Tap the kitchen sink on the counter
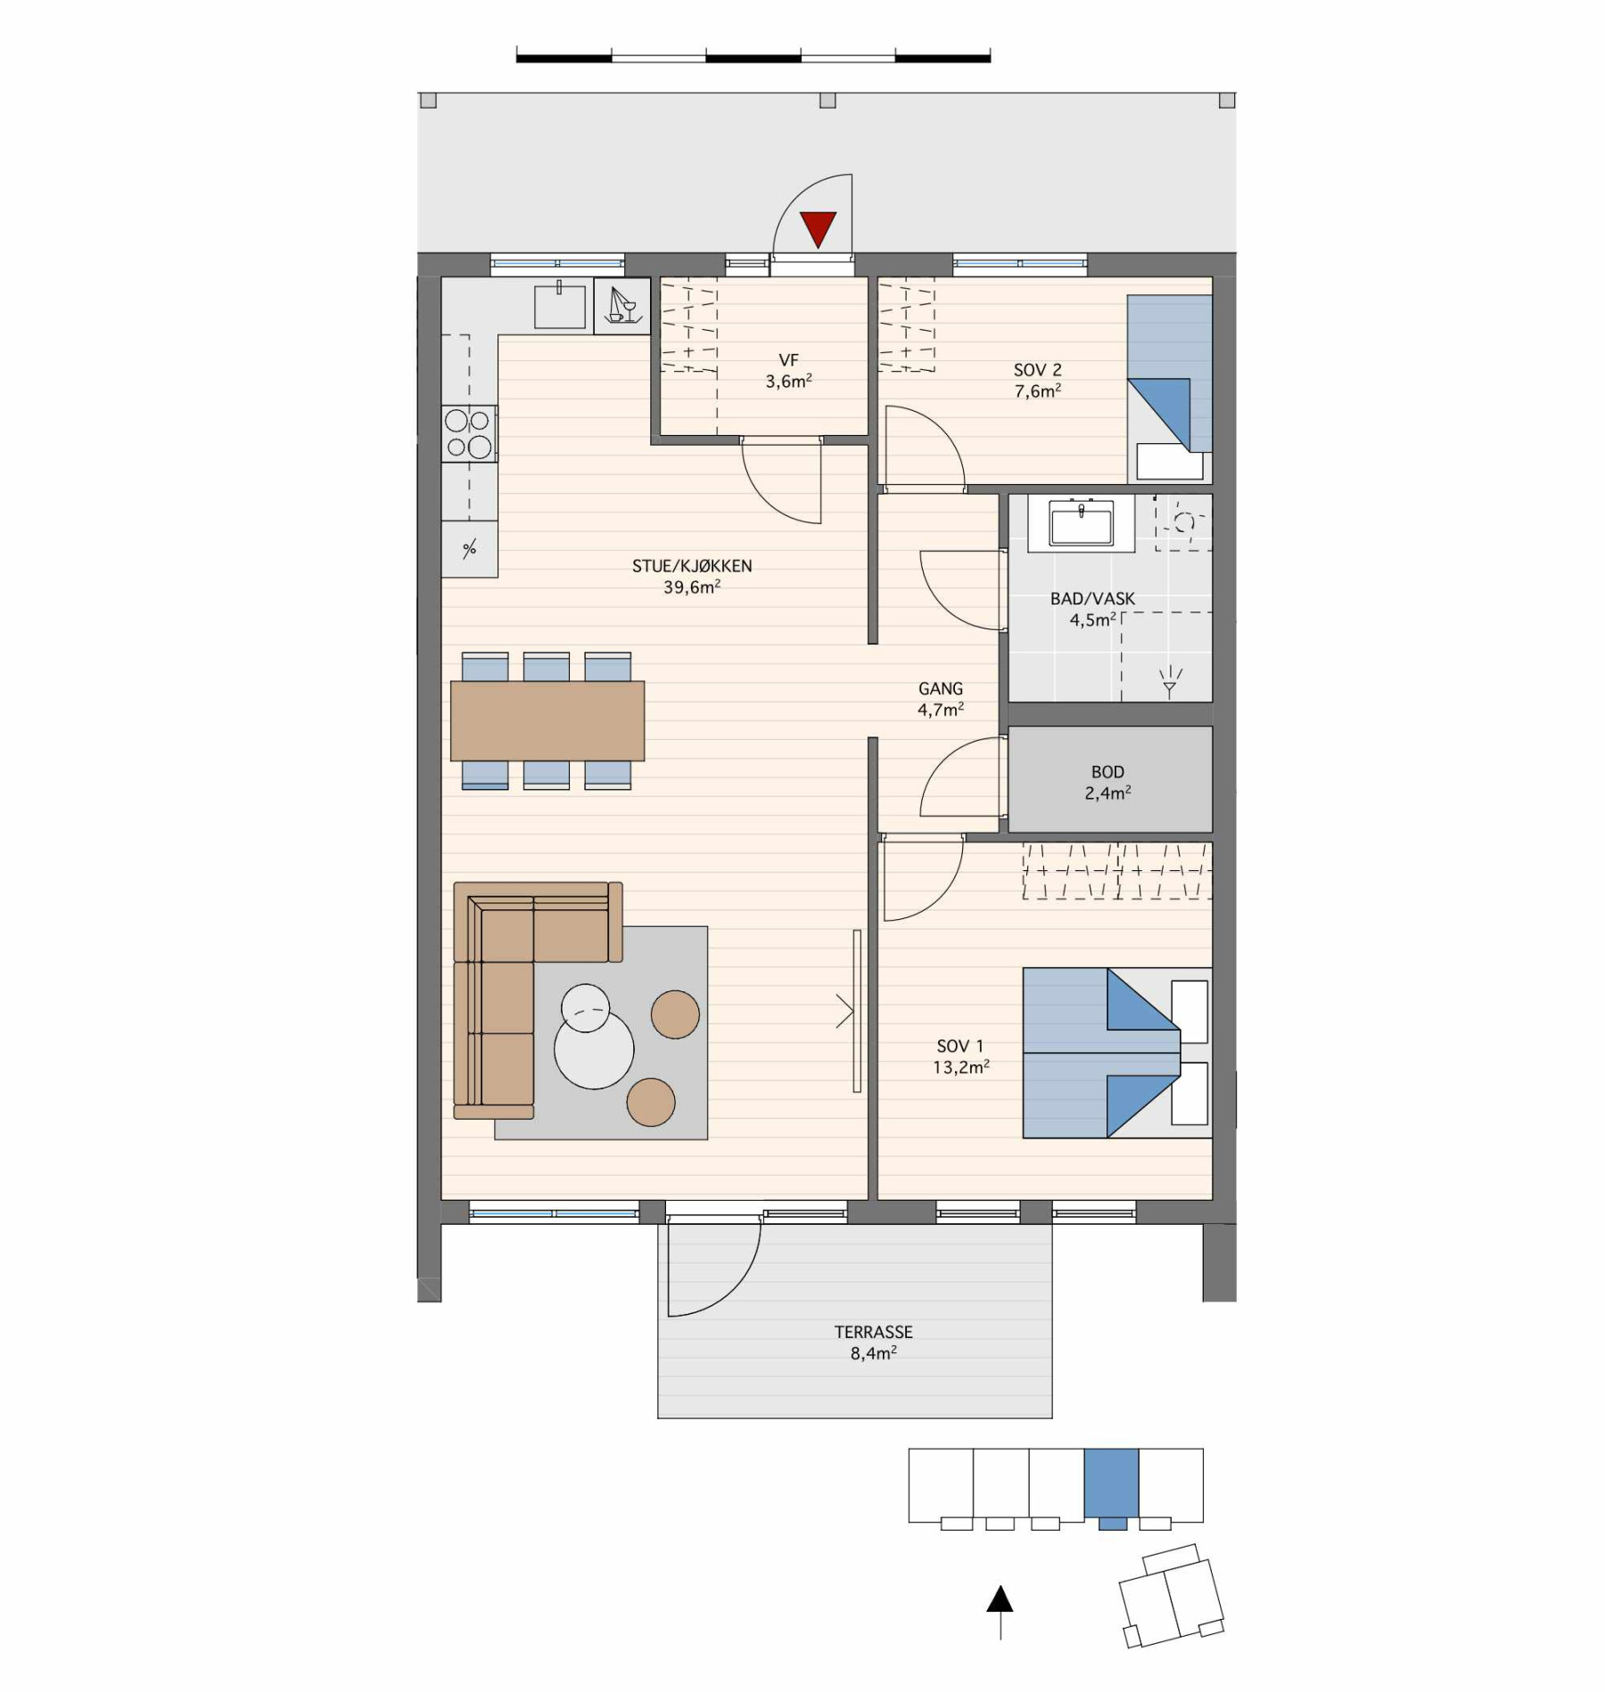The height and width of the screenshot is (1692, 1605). click(x=560, y=306)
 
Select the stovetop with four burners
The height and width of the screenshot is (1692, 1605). click(x=469, y=434)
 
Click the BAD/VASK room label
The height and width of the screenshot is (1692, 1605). click(x=1092, y=598)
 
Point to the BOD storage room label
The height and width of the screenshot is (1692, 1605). click(x=1107, y=772)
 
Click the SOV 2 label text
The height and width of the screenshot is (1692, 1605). click(x=1037, y=370)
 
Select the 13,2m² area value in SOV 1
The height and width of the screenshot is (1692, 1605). click(x=961, y=1067)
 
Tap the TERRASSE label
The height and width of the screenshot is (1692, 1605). click(x=873, y=1332)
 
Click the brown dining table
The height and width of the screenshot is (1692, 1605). click(x=547, y=720)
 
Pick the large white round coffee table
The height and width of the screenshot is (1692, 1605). click(x=594, y=1049)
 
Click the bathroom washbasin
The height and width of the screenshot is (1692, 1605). click(x=1081, y=522)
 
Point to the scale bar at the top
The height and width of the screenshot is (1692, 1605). click(x=753, y=58)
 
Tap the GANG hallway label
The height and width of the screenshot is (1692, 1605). click(x=941, y=688)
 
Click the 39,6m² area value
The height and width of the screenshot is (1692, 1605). click(x=692, y=587)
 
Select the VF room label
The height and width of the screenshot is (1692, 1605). click(x=788, y=360)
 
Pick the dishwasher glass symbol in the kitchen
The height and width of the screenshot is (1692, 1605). click(x=621, y=306)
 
